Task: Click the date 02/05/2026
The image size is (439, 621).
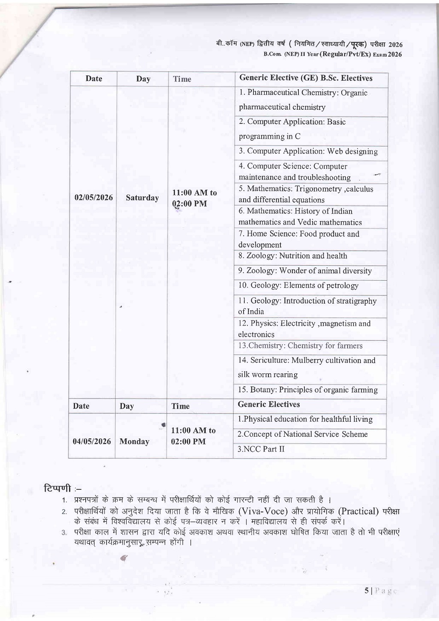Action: [93, 198]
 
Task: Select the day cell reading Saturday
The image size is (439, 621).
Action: [142, 198]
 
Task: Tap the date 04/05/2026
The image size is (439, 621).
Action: [92, 441]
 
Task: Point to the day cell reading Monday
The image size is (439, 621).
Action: [134, 441]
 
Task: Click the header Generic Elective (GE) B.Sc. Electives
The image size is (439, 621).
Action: [306, 78]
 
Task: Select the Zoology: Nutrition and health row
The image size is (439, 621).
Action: [293, 256]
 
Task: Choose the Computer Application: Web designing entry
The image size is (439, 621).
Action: [308, 151]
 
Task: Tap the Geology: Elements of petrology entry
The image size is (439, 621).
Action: [298, 285]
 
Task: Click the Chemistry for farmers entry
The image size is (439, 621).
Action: [300, 346]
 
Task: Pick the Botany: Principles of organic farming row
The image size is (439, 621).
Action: [308, 390]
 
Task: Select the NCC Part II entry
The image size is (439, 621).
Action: [261, 449]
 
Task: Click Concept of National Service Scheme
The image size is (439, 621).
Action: [303, 434]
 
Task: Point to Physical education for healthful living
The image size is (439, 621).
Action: [305, 419]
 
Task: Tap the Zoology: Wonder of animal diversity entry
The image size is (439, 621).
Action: [305, 271]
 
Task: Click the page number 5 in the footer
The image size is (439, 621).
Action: [367, 591]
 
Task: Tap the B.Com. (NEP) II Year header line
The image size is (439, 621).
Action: [332, 54]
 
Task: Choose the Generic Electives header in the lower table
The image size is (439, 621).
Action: [269, 405]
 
